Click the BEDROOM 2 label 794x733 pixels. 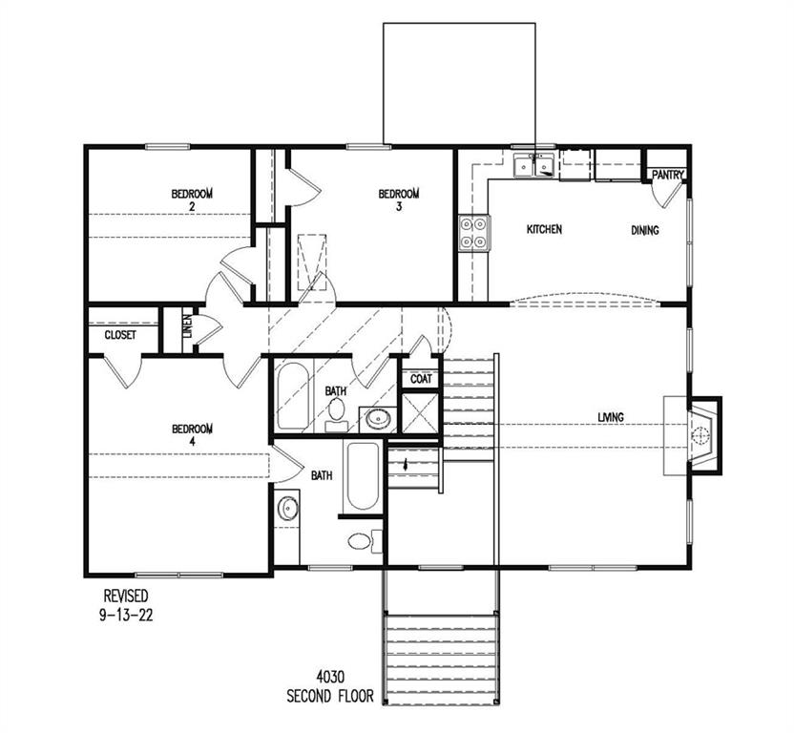point(192,199)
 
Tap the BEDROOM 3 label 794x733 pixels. point(398,199)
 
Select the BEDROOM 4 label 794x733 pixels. point(192,434)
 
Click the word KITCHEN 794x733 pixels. point(544,230)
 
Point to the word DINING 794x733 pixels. point(645,230)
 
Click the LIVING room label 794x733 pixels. point(611,417)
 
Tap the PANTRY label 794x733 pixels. point(667,176)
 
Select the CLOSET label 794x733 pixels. point(120,336)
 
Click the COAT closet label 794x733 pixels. point(421,379)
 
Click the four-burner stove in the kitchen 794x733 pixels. point(474,231)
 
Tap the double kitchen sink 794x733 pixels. point(534,167)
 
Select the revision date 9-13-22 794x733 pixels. point(126,617)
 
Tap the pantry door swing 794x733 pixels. point(667,196)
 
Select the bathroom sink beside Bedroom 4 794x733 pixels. point(287,508)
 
